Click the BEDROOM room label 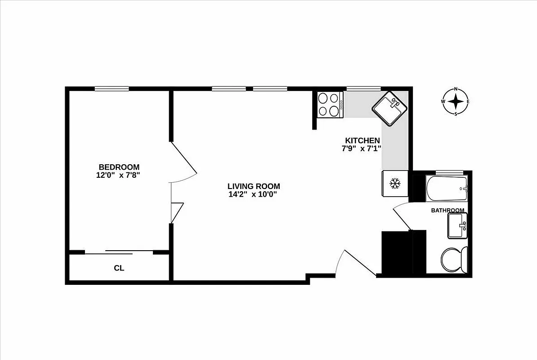119,167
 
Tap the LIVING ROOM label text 254,186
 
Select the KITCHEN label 362,140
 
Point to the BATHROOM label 447,210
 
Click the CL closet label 119,268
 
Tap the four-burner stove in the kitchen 329,104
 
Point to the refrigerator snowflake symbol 394,183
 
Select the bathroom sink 457,225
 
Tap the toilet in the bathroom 454,260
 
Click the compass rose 456,101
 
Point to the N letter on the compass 456,89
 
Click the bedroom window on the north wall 112,89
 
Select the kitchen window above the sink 363,89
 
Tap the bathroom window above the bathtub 449,172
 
